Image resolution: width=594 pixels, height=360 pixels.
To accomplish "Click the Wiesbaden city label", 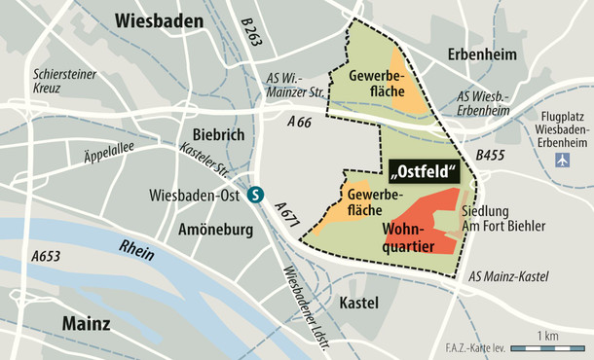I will pyautogui.click(x=159, y=19).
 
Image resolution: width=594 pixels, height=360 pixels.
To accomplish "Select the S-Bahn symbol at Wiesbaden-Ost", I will pyautogui.click(x=255, y=194).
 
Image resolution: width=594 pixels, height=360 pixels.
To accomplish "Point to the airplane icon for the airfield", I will pyautogui.click(x=559, y=160).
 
